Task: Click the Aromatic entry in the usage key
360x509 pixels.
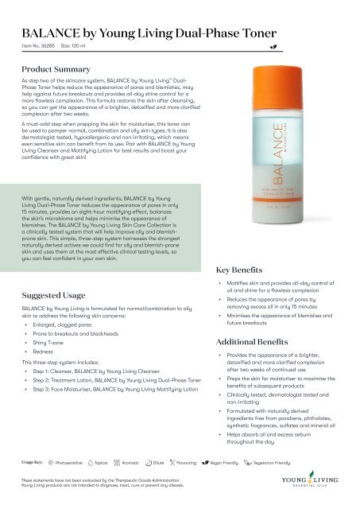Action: pyautogui.click(x=136, y=461)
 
